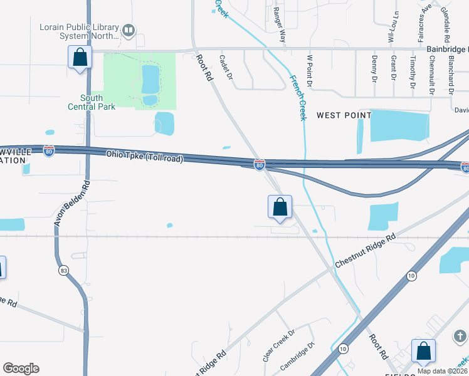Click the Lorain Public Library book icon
click(129, 29)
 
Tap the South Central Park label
click(92, 102)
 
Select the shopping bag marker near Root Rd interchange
click(280, 207)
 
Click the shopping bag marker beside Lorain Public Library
click(80, 58)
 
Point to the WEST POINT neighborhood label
click(344, 115)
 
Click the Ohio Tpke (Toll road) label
click(144, 156)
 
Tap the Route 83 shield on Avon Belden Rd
click(64, 271)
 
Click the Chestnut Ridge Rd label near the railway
click(365, 251)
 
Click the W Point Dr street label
click(308, 70)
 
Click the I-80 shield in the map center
click(260, 164)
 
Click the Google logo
click(21, 368)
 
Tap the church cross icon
click(460, 337)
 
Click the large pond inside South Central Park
click(150, 80)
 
